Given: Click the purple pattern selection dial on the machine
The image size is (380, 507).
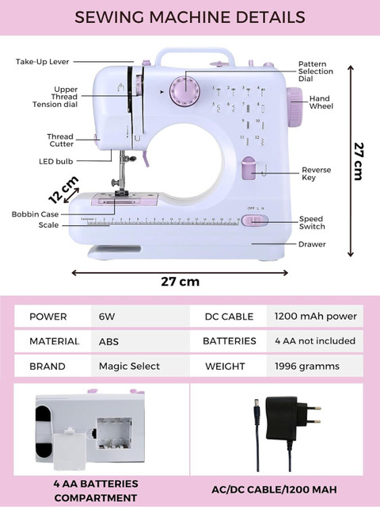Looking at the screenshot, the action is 184,91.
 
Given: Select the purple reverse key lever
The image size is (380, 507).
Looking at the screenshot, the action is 249,168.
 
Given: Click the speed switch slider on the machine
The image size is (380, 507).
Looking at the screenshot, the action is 255,221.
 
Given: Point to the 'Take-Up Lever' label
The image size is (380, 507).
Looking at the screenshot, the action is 42,62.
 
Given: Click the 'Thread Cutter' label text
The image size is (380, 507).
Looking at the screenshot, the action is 60,140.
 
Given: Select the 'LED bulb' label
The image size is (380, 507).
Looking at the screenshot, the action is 55,161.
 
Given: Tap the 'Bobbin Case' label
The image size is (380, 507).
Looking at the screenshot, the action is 35,214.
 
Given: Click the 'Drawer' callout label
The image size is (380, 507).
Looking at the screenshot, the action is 312,244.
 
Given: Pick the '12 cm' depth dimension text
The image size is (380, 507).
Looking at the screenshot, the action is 63,190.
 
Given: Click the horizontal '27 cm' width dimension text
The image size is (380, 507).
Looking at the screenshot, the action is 180,282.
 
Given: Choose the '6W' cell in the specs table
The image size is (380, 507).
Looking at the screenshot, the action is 107,317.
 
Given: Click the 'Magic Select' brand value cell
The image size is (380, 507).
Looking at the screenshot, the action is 129,366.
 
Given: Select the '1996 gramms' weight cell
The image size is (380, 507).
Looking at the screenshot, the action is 307,366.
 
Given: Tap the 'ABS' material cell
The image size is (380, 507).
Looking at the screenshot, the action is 108,341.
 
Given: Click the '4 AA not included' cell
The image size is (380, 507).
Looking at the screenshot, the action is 315,341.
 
